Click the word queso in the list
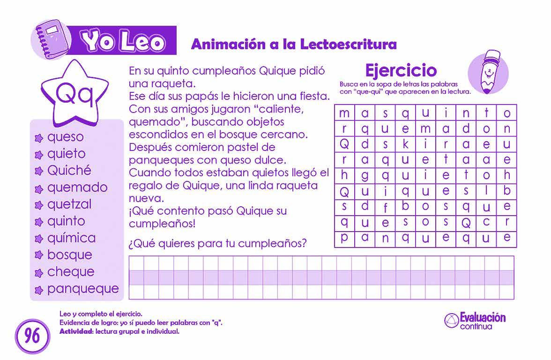point(65,137)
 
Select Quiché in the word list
point(69,170)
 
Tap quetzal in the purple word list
point(69,204)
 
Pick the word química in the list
point(71,238)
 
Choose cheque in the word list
point(70,272)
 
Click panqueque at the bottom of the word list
point(82,289)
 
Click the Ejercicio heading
point(401,70)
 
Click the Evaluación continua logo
point(475,321)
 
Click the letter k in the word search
point(406,144)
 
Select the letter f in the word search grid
point(385,207)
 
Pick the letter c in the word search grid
point(486,222)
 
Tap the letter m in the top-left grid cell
point(344,113)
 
